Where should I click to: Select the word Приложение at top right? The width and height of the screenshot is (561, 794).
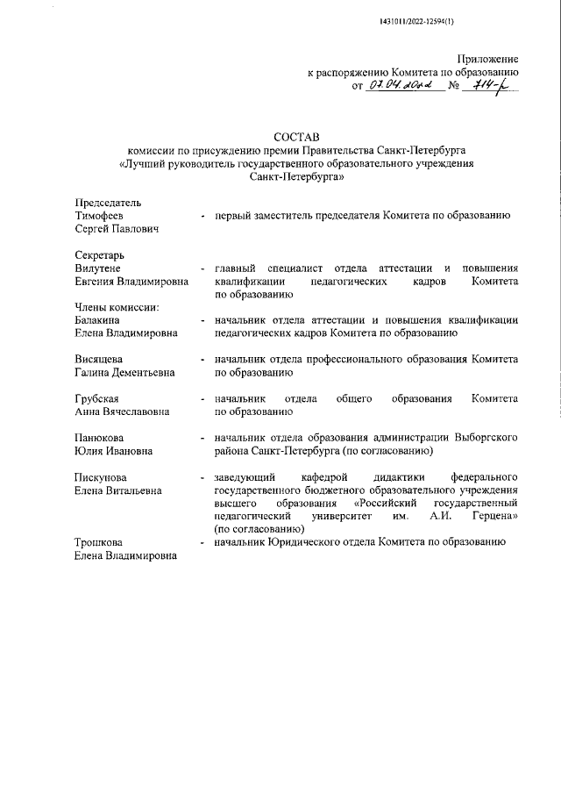488,57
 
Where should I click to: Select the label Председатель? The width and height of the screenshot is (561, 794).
107,203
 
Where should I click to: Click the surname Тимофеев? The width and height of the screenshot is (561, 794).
98,216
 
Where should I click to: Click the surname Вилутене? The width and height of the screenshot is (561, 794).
97,268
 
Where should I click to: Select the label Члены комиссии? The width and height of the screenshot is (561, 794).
115,307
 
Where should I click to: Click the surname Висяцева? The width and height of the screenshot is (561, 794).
97,360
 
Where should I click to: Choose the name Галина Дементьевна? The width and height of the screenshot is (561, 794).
124,373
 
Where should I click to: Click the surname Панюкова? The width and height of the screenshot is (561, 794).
98,438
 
